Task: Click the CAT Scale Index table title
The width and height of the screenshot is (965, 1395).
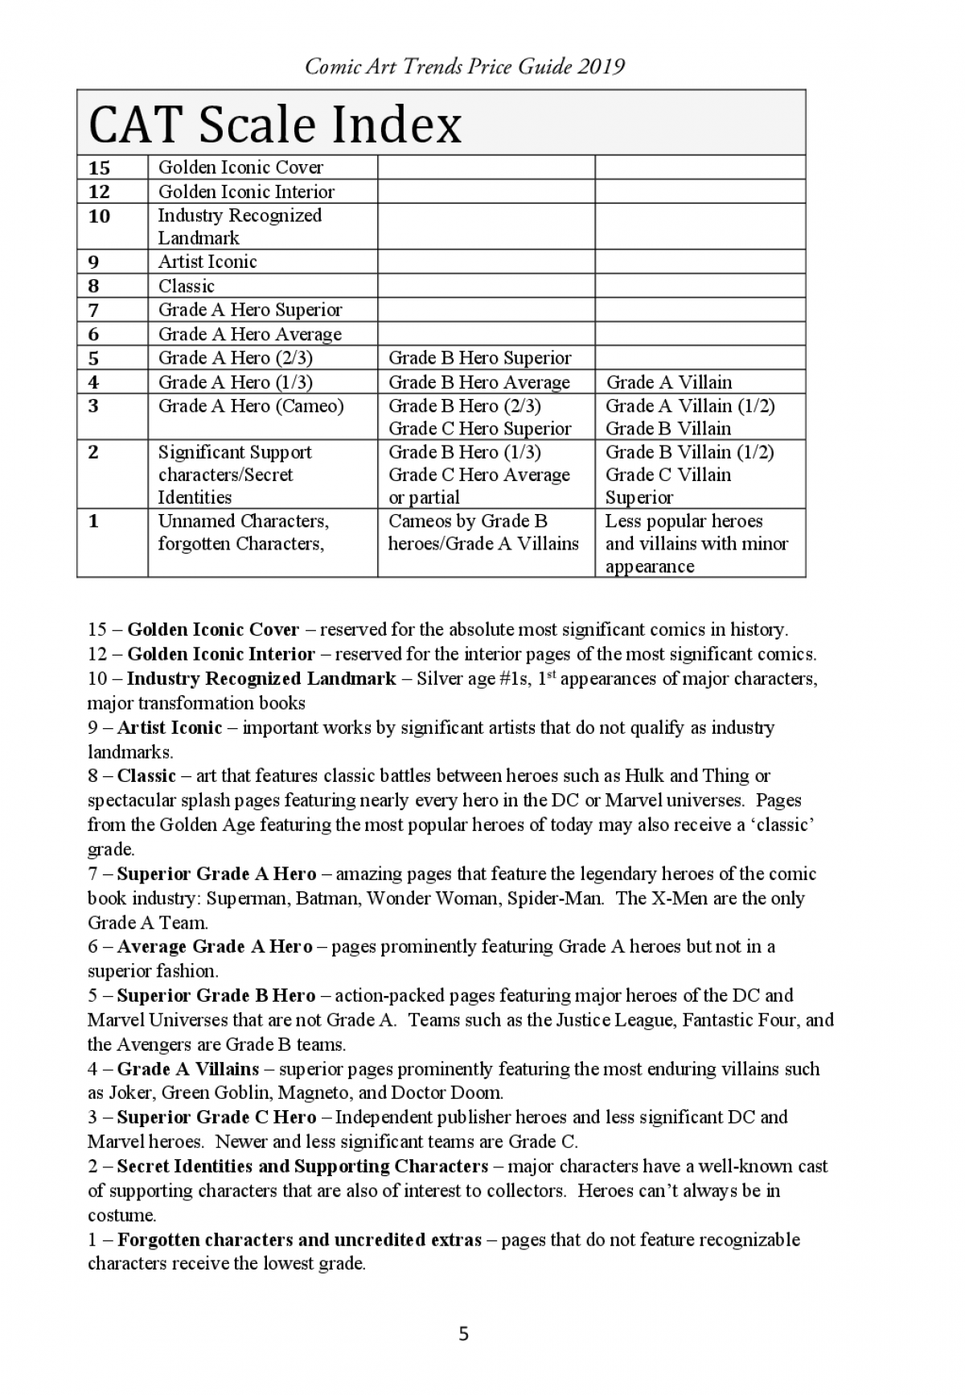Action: pyautogui.click(x=275, y=125)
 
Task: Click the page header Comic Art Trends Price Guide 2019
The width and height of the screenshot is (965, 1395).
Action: pyautogui.click(x=465, y=66)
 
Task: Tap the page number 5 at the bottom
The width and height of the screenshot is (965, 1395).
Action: pyautogui.click(x=463, y=1335)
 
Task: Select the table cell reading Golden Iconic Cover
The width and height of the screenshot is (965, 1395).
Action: pyautogui.click(x=240, y=167)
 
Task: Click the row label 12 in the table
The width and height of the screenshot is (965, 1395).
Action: pyautogui.click(x=99, y=191)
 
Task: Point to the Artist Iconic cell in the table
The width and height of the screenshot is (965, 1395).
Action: pyautogui.click(x=207, y=261)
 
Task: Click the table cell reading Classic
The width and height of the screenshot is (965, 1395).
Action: pyautogui.click(x=187, y=286)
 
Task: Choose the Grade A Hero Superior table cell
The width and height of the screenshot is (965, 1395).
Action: pyautogui.click(x=250, y=310)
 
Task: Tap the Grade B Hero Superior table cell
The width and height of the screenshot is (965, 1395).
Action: pyautogui.click(x=480, y=358)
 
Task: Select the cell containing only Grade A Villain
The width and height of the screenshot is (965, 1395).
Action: pyautogui.click(x=669, y=382)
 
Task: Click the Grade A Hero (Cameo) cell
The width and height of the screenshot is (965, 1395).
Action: pyautogui.click(x=251, y=406)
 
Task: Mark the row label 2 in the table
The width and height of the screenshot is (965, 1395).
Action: pyautogui.click(x=93, y=452)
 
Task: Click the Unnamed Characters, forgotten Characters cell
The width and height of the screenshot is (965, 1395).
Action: pyautogui.click(x=244, y=533)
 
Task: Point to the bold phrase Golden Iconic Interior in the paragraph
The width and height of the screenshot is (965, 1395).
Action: pyautogui.click(x=221, y=653)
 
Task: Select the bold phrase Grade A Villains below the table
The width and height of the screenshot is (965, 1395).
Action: pyautogui.click(x=188, y=1068)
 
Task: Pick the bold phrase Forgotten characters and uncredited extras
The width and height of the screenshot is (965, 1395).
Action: pyautogui.click(x=299, y=1239)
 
